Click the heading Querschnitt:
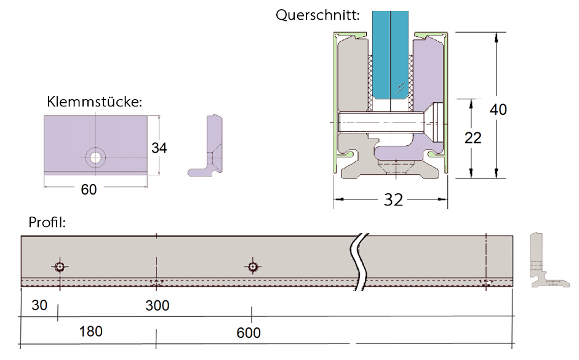pyautogui.click(x=317, y=15)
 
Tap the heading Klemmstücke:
pyautogui.click(x=95, y=102)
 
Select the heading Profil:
pyautogui.click(x=47, y=221)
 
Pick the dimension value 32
pyautogui.click(x=393, y=199)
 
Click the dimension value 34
pyautogui.click(x=159, y=148)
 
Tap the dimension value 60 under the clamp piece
pyautogui.click(x=89, y=190)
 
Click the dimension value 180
pyautogui.click(x=91, y=332)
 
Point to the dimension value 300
pyautogui.click(x=157, y=305)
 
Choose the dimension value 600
pyautogui.click(x=249, y=333)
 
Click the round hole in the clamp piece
pyautogui.click(x=95, y=158)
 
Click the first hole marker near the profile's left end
pyautogui.click(x=59, y=266)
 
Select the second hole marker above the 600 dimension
pyautogui.click(x=252, y=266)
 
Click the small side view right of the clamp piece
pyautogui.click(x=207, y=145)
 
